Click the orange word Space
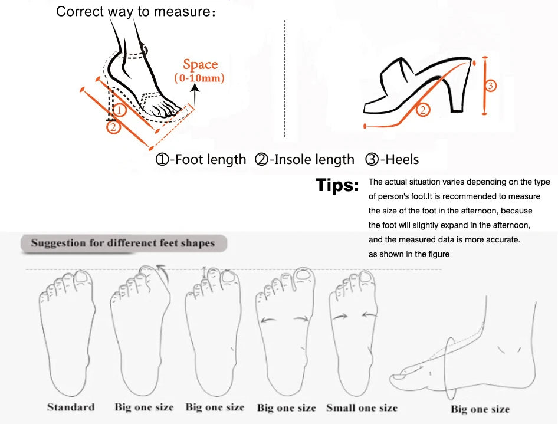coord(201,64)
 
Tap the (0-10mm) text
coord(199,78)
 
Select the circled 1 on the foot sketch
coord(120,110)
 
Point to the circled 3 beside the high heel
coord(491,86)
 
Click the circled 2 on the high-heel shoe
coord(423,110)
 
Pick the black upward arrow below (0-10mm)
coord(195,93)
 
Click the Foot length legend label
coord(201,159)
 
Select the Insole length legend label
coord(304,159)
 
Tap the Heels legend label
coord(392,159)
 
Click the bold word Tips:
coord(337,185)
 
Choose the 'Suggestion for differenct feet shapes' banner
coord(123,244)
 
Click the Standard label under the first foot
coord(71,407)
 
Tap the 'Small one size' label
coord(362,407)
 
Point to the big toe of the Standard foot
coord(84,278)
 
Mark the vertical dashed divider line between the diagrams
coord(285,78)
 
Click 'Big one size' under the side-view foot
coord(480,409)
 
